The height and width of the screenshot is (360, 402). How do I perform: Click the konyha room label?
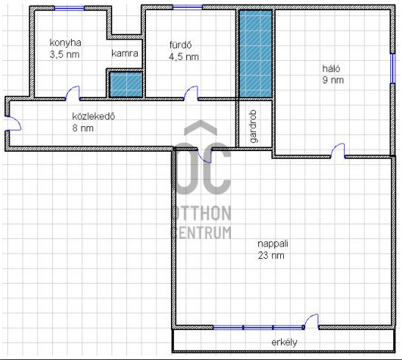pyautogui.click(x=65, y=43)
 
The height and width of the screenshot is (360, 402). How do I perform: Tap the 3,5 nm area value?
pyautogui.click(x=65, y=54)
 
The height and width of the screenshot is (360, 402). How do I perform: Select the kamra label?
pyautogui.click(x=125, y=54)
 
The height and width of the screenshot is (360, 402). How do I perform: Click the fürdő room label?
pyautogui.click(x=180, y=45)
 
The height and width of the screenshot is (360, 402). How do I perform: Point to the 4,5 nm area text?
pyautogui.click(x=184, y=57)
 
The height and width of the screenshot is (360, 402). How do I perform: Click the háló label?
pyautogui.click(x=332, y=68)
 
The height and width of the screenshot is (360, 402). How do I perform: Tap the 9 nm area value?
pyautogui.click(x=333, y=80)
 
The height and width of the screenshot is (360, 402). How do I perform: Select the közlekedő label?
pyautogui.click(x=94, y=117)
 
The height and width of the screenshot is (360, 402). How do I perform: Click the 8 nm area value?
pyautogui.click(x=83, y=128)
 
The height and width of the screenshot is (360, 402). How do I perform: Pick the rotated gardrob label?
pyautogui.click(x=253, y=126)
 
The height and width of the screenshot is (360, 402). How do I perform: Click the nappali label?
pyautogui.click(x=273, y=244)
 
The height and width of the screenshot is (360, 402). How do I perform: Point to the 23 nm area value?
pyautogui.click(x=271, y=255)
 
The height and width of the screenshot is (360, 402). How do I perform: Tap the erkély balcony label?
pyautogui.click(x=285, y=342)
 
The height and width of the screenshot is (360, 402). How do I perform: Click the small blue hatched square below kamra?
pyautogui.click(x=126, y=84)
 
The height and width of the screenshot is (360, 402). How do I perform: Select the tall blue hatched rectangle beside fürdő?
pyautogui.click(x=255, y=54)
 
